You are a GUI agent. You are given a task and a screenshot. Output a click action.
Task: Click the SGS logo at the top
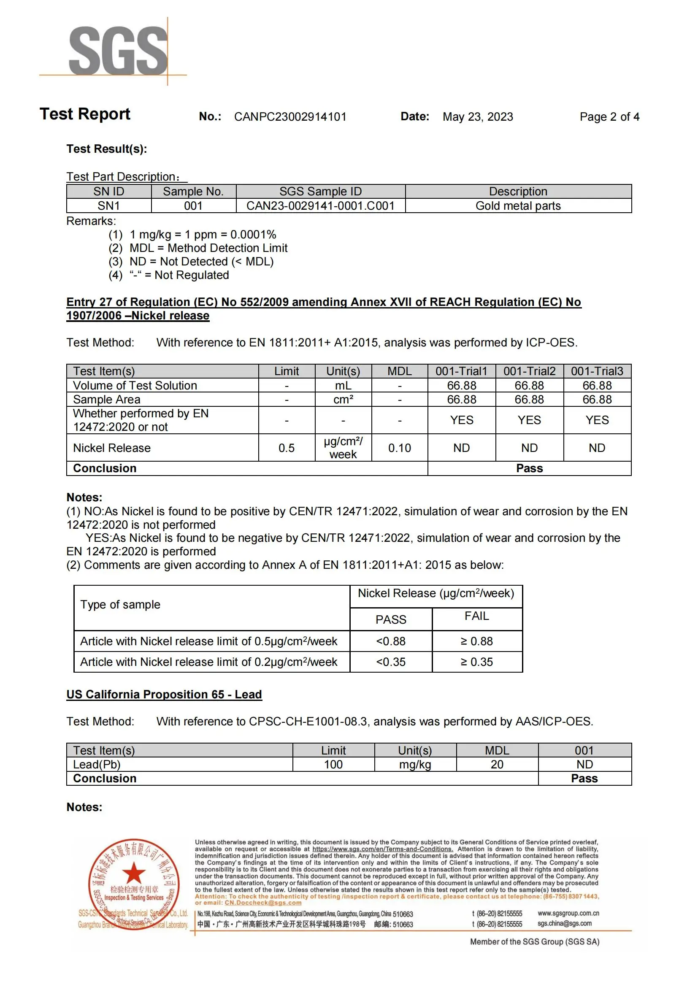coord(118,50)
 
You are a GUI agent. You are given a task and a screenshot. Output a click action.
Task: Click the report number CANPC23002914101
coord(290,117)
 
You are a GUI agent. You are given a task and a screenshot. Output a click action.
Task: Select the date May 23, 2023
coord(478,117)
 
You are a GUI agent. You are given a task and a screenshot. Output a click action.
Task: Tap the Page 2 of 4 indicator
coord(609,117)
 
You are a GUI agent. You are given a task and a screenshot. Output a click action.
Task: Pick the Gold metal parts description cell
coord(518,206)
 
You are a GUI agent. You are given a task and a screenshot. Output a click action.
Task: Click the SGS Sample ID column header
coord(320,191)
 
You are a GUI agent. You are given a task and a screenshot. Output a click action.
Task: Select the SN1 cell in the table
coord(109,206)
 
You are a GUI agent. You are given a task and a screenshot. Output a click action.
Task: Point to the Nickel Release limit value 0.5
coord(286,448)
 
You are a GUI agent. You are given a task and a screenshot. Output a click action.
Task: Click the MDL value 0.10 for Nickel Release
coord(399,448)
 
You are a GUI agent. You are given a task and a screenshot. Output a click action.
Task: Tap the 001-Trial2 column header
coord(529,371)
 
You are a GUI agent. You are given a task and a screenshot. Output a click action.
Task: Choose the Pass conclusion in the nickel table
coord(529,468)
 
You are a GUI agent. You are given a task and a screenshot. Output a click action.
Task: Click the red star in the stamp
coord(134,873)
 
